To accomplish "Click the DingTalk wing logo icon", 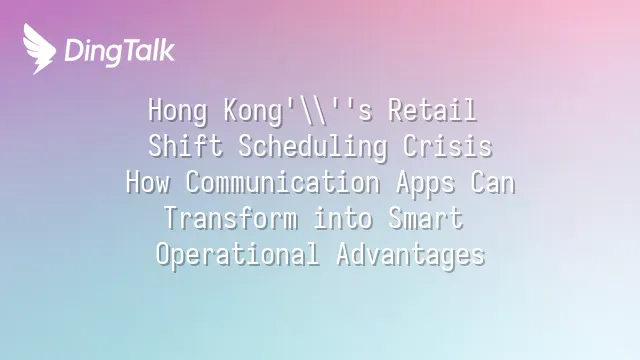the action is point(39,49).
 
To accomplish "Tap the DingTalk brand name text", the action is point(120,52).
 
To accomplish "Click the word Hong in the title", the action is point(178,110).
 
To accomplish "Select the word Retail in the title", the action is point(432,110).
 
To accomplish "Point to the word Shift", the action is point(185,146).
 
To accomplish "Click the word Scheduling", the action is point(313,147).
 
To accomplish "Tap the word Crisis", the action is point(447,146).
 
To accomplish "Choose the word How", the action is point(148,182).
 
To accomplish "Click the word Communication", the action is point(283,182).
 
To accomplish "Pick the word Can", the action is point(492,182).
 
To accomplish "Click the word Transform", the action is point(231,218).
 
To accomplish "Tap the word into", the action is point(343,218).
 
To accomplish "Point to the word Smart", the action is point(425,218).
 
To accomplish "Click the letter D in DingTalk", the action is point(75,51).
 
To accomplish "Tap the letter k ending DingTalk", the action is point(167,50).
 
